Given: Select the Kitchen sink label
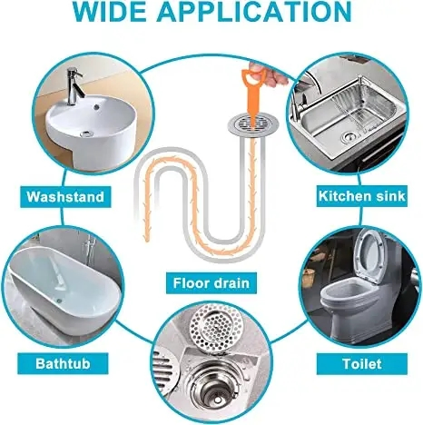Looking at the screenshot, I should (356, 195).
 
